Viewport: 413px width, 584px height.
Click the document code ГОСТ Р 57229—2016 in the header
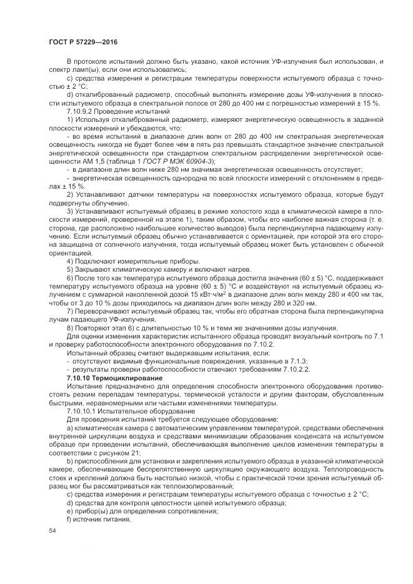tap(82, 41)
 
